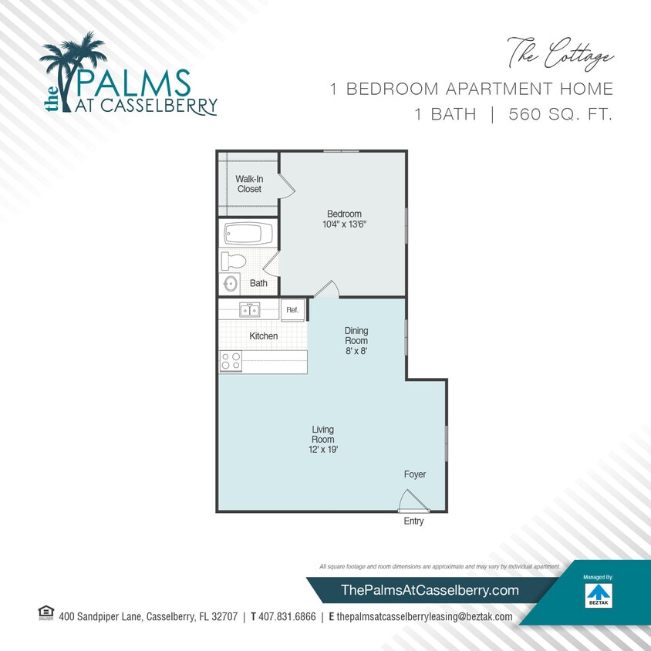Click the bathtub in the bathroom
248,233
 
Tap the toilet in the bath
233,261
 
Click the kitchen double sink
249,310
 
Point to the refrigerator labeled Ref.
292,310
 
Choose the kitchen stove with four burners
231,361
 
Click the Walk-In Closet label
249,184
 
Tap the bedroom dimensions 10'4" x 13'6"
344,224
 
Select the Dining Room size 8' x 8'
356,350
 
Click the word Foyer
415,474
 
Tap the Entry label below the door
413,521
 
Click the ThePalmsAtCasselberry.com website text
430,590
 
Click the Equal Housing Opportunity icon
46,614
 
